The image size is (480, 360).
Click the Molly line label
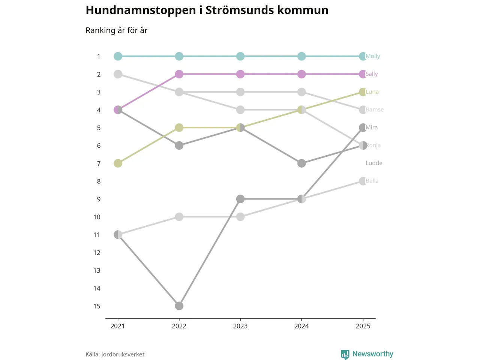(x=373, y=56)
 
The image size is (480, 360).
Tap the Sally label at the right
(x=372, y=74)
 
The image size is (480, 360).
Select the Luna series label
(x=372, y=92)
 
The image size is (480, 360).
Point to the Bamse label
(x=375, y=109)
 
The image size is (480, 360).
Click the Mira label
(x=372, y=127)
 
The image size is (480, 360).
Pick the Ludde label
(x=374, y=163)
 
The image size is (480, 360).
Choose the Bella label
(x=372, y=181)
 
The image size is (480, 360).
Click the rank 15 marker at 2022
(x=179, y=306)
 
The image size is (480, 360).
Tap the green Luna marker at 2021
(x=118, y=163)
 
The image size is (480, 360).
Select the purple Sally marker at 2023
(x=240, y=74)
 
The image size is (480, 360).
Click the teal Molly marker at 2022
(x=179, y=56)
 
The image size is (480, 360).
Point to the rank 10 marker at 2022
(x=179, y=217)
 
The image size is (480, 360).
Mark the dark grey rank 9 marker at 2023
(x=240, y=199)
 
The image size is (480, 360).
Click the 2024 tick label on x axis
(x=301, y=326)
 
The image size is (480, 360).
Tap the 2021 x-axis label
(x=118, y=326)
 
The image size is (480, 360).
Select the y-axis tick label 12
(x=97, y=253)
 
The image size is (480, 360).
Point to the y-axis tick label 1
(x=99, y=57)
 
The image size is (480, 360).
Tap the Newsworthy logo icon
(x=345, y=354)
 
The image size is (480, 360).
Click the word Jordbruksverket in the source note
(x=123, y=354)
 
